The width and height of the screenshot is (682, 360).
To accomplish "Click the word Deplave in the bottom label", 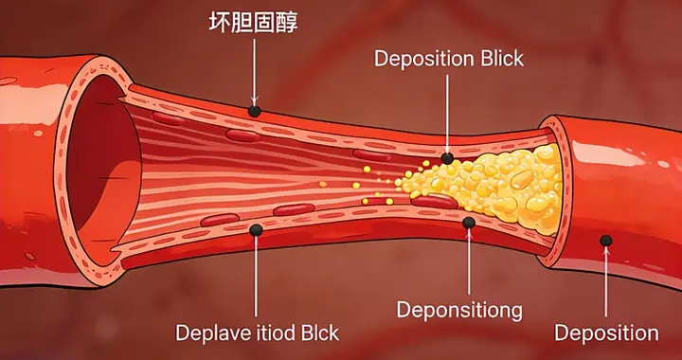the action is point(209,333).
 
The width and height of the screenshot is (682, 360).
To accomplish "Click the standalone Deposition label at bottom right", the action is point(606,333).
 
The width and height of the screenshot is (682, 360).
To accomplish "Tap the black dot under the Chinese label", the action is point(254,112).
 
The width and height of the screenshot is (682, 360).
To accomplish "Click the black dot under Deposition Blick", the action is point(447,158).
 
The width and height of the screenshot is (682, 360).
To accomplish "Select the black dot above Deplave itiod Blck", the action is point(255,229).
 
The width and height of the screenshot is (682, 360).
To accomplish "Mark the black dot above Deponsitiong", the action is point(468,224).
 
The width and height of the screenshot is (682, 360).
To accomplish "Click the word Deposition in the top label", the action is point(423,59).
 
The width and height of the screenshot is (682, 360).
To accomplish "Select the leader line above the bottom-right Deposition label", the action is point(606,284).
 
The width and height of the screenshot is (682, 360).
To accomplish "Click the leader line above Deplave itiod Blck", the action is point(255,275).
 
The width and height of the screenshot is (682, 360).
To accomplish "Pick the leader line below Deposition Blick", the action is point(447,114).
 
